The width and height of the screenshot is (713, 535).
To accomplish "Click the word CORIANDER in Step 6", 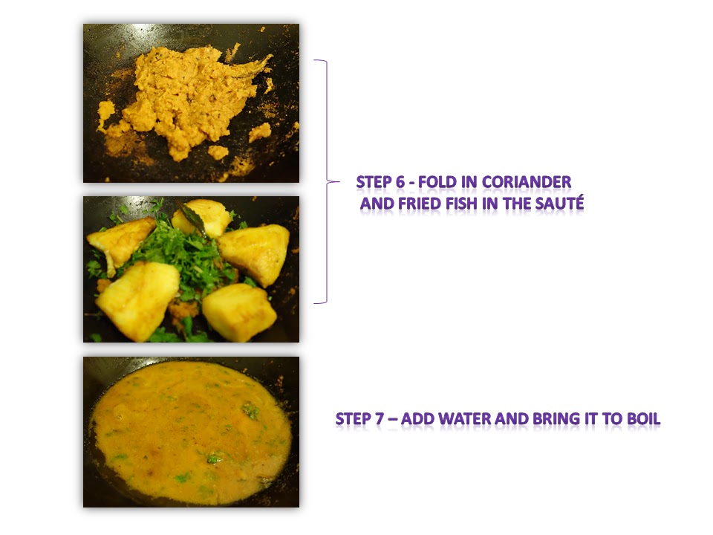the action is pos(526,182).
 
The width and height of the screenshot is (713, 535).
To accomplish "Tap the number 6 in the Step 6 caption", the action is pos(400,182).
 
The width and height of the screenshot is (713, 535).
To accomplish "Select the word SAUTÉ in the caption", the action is pos(559,203).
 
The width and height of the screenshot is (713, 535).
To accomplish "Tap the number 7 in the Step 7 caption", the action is pos(380,418).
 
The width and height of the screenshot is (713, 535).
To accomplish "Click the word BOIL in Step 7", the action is pos(643,418).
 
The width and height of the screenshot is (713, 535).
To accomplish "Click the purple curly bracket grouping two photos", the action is pos(327,181).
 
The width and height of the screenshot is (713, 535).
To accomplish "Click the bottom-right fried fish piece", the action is pos(239,312).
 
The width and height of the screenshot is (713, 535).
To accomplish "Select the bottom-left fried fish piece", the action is pos(138,300).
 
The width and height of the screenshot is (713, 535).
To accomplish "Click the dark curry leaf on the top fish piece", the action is pos(192,218).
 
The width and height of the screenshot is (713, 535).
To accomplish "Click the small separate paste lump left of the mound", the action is pos(105,113).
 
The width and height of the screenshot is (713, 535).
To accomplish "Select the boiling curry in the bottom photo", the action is pos(191,433).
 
